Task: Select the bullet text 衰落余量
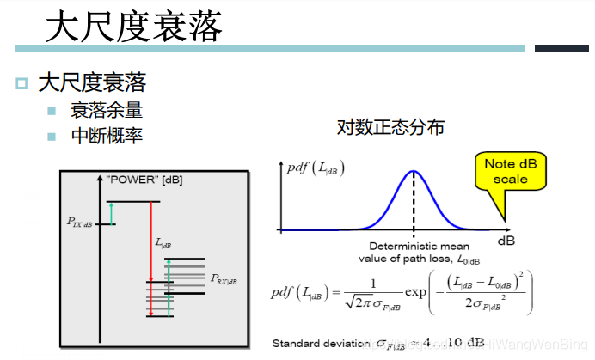point(107,110)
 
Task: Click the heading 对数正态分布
point(390,128)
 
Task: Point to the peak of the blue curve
point(414,170)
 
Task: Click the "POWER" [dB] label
point(144,180)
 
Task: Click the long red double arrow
point(150,259)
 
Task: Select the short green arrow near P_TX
point(111,213)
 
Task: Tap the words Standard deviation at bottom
point(321,344)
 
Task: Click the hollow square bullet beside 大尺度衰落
point(21,83)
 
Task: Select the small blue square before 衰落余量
point(52,111)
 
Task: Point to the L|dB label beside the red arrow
point(163,245)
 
